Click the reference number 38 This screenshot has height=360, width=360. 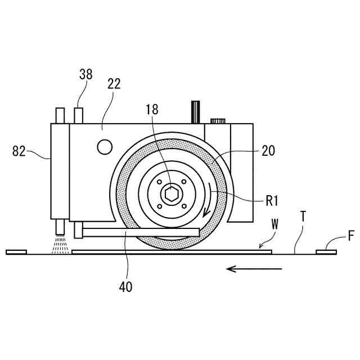click(86, 74)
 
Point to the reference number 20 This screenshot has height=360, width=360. click(268, 151)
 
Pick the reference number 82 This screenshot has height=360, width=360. click(20, 151)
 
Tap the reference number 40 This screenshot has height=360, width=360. click(125, 286)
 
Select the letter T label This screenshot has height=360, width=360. click(303, 216)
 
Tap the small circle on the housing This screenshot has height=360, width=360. click(105, 147)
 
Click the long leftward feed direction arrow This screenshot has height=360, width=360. click(254, 269)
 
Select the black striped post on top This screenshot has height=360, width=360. click(196, 112)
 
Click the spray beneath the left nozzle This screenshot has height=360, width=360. click(59, 245)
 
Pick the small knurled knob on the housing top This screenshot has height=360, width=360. click(218, 120)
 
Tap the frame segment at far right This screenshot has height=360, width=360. click(326, 252)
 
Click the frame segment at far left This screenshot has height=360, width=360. click(16, 252)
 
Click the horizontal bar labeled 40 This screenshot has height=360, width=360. click(141, 232)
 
